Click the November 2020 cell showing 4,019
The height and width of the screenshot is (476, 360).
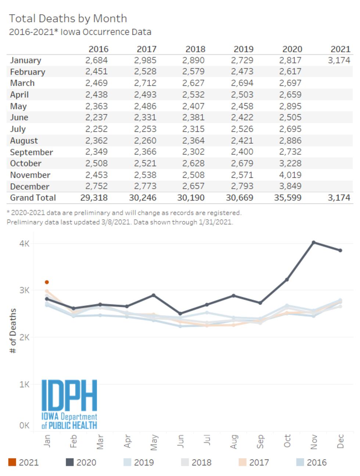(x=290, y=175)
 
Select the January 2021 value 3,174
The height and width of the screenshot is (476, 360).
(x=339, y=60)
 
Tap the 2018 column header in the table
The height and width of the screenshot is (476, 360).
(x=195, y=49)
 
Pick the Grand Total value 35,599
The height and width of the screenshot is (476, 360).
(x=288, y=198)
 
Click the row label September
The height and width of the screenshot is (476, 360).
(x=31, y=152)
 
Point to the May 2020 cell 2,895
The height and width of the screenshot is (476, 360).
(x=290, y=106)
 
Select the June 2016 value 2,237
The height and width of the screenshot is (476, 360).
(x=96, y=118)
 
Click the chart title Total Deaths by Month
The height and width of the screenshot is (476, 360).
(x=68, y=18)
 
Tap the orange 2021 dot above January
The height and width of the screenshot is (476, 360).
(x=47, y=282)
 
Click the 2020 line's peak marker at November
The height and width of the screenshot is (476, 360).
(x=314, y=242)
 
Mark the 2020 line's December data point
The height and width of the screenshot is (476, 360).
(x=340, y=250)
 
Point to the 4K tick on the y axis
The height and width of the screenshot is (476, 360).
(x=24, y=244)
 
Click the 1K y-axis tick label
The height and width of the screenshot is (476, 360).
(x=24, y=384)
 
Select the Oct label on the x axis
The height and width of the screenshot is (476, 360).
(x=287, y=441)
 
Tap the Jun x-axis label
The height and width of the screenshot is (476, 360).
(x=180, y=441)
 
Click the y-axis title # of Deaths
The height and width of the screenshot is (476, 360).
(x=13, y=331)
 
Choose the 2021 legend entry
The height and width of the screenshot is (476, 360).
(x=23, y=462)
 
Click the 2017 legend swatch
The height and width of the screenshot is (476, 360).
(x=242, y=462)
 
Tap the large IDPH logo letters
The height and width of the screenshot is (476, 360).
(x=69, y=395)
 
